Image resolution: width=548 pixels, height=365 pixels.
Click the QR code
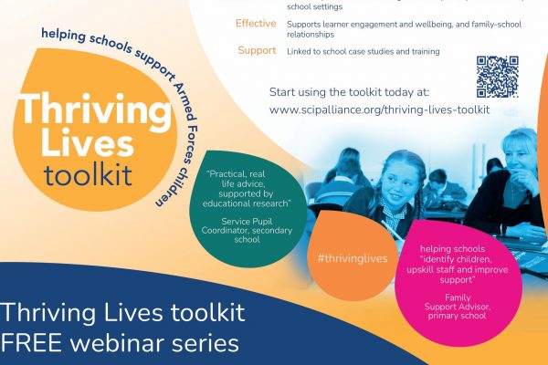(x=498, y=77)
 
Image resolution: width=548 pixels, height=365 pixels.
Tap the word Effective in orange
(x=256, y=24)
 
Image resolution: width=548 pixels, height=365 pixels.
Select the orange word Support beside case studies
(x=257, y=50)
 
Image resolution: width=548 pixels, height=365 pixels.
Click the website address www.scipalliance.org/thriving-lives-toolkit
(x=379, y=109)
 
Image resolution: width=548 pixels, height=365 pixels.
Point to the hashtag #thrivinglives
(x=353, y=258)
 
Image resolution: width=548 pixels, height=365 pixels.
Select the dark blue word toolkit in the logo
(x=88, y=174)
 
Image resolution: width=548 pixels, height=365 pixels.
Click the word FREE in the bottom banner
(x=31, y=343)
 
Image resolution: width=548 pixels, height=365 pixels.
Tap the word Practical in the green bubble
(x=226, y=174)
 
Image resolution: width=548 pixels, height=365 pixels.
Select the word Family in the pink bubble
(x=458, y=297)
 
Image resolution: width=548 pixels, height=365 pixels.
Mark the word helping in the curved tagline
(x=63, y=35)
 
